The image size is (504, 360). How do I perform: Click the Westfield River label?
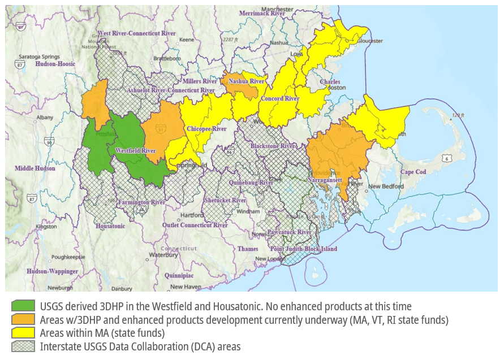click(135, 151)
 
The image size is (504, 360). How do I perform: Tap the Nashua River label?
click(247, 81)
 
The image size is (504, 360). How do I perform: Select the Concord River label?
click(279, 98)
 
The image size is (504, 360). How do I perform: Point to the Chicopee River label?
click(206, 129)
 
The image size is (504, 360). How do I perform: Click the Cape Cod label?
click(413, 172)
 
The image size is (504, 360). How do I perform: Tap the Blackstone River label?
click(273, 146)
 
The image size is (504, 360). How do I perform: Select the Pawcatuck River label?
click(290, 232)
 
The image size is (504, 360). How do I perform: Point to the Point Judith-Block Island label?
click(303, 249)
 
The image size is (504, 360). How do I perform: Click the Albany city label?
click(45, 118)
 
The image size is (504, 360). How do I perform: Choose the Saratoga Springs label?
click(40, 57)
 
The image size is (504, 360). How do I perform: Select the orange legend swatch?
click(23, 320)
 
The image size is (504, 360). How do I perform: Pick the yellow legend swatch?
click(23, 333)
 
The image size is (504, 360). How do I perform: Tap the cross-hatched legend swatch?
click(23, 346)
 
